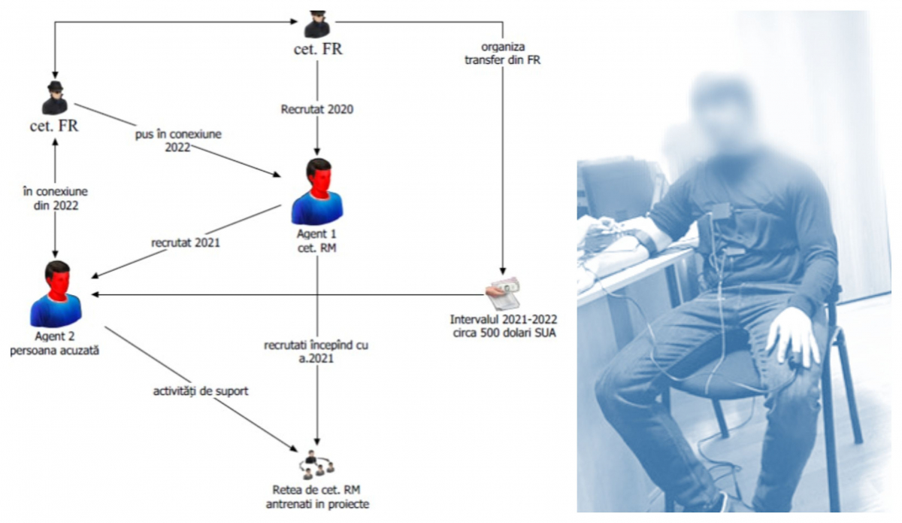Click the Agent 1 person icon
coord(317,192)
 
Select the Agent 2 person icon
coord(56,294)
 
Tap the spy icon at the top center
coord(317,24)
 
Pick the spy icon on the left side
coord(55,98)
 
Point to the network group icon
coord(317,464)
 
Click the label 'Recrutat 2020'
coord(317,109)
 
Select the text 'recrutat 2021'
coord(186,243)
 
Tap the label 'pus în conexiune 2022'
coord(178,140)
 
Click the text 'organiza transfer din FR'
coord(503,53)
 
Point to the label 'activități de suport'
coord(201,391)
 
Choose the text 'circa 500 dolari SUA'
coord(504,333)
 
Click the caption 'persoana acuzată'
coord(54,351)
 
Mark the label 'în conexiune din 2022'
coord(55,199)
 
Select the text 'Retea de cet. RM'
coord(316,490)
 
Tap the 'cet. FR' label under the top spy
coord(318,49)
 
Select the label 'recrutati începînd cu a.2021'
coord(316,351)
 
